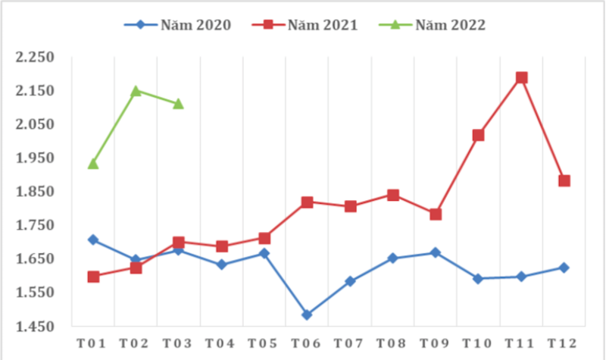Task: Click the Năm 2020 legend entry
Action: (177, 24)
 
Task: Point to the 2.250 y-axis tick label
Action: (36, 58)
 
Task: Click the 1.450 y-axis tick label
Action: (36, 327)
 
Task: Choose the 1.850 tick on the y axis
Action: (36, 193)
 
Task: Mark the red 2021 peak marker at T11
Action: (521, 77)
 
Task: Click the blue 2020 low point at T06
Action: (307, 315)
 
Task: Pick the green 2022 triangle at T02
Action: (136, 91)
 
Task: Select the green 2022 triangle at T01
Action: (93, 163)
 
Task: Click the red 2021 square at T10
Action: (478, 135)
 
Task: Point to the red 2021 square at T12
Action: (564, 180)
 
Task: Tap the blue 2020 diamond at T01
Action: (93, 239)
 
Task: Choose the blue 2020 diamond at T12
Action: (564, 268)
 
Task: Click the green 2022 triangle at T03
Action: (178, 103)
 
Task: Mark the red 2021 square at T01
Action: (93, 277)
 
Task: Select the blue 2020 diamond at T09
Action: (436, 252)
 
